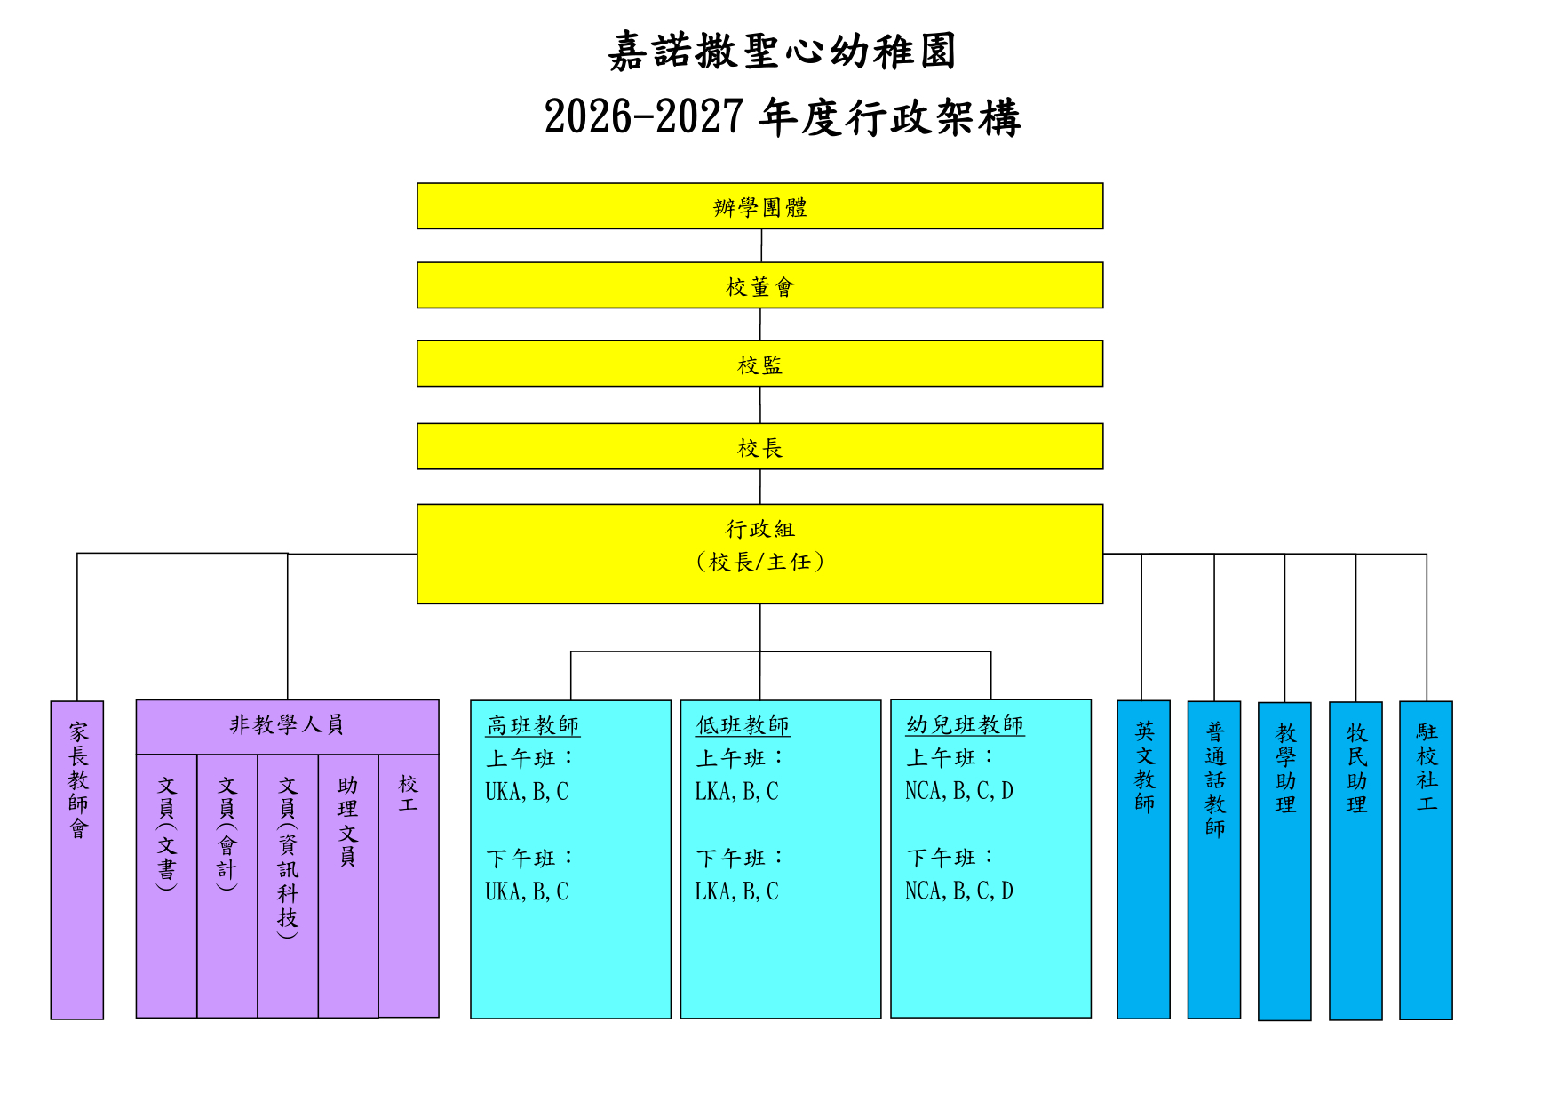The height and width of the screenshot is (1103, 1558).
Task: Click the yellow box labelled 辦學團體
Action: (x=759, y=206)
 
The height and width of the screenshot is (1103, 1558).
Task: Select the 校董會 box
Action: (x=759, y=285)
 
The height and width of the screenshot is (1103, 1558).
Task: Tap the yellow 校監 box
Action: (x=759, y=364)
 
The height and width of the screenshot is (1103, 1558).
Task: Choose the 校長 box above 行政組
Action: (x=759, y=446)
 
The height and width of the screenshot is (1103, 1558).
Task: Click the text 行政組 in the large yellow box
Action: (x=760, y=529)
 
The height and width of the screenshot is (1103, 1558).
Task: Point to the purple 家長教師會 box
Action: (x=77, y=860)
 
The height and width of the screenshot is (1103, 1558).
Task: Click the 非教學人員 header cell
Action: (x=287, y=727)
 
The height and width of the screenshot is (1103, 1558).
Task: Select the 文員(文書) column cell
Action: (x=166, y=886)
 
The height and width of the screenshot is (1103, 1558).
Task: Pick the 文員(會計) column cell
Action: (x=227, y=886)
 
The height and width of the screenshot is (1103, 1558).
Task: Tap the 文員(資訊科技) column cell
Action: (x=288, y=886)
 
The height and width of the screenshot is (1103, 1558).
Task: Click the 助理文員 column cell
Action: (x=348, y=886)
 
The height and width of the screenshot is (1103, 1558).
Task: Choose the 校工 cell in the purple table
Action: (x=409, y=886)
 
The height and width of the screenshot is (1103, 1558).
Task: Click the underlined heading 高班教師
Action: (x=533, y=726)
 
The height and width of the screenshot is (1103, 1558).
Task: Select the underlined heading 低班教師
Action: (x=743, y=726)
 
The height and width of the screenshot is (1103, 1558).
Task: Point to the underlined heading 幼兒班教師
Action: (x=965, y=725)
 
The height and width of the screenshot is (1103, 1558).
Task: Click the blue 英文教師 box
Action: (x=1143, y=859)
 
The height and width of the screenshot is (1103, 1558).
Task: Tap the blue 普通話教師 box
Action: (x=1214, y=859)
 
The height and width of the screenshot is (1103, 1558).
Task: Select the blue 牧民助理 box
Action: (x=1355, y=861)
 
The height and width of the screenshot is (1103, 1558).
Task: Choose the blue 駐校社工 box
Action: (x=1426, y=860)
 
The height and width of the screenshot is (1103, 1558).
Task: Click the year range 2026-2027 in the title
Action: (x=643, y=117)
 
